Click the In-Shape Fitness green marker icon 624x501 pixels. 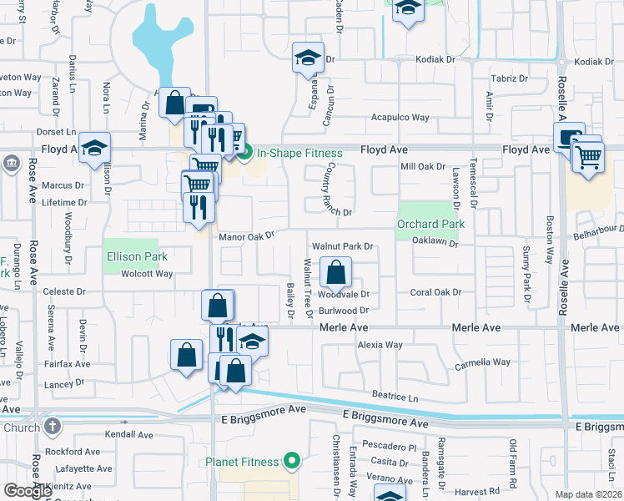(x=245, y=153)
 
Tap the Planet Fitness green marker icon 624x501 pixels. (x=291, y=461)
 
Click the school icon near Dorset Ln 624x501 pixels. (x=95, y=147)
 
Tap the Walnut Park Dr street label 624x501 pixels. (x=341, y=247)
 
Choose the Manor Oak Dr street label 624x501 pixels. (x=246, y=237)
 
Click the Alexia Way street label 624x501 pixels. (x=380, y=345)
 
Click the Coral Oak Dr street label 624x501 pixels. (x=435, y=292)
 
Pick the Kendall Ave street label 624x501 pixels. (x=129, y=435)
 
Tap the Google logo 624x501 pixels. (x=28, y=491)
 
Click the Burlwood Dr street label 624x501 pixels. (x=344, y=311)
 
